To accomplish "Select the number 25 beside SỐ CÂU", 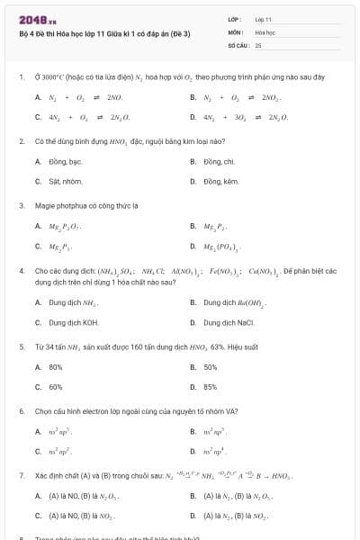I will tap(258, 43).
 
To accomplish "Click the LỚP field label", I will tap(235, 18).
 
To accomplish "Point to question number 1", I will tap(21, 76).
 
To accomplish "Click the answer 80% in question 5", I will tap(56, 366).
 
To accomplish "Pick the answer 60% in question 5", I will tap(56, 386).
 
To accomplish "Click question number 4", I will tap(21, 270).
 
